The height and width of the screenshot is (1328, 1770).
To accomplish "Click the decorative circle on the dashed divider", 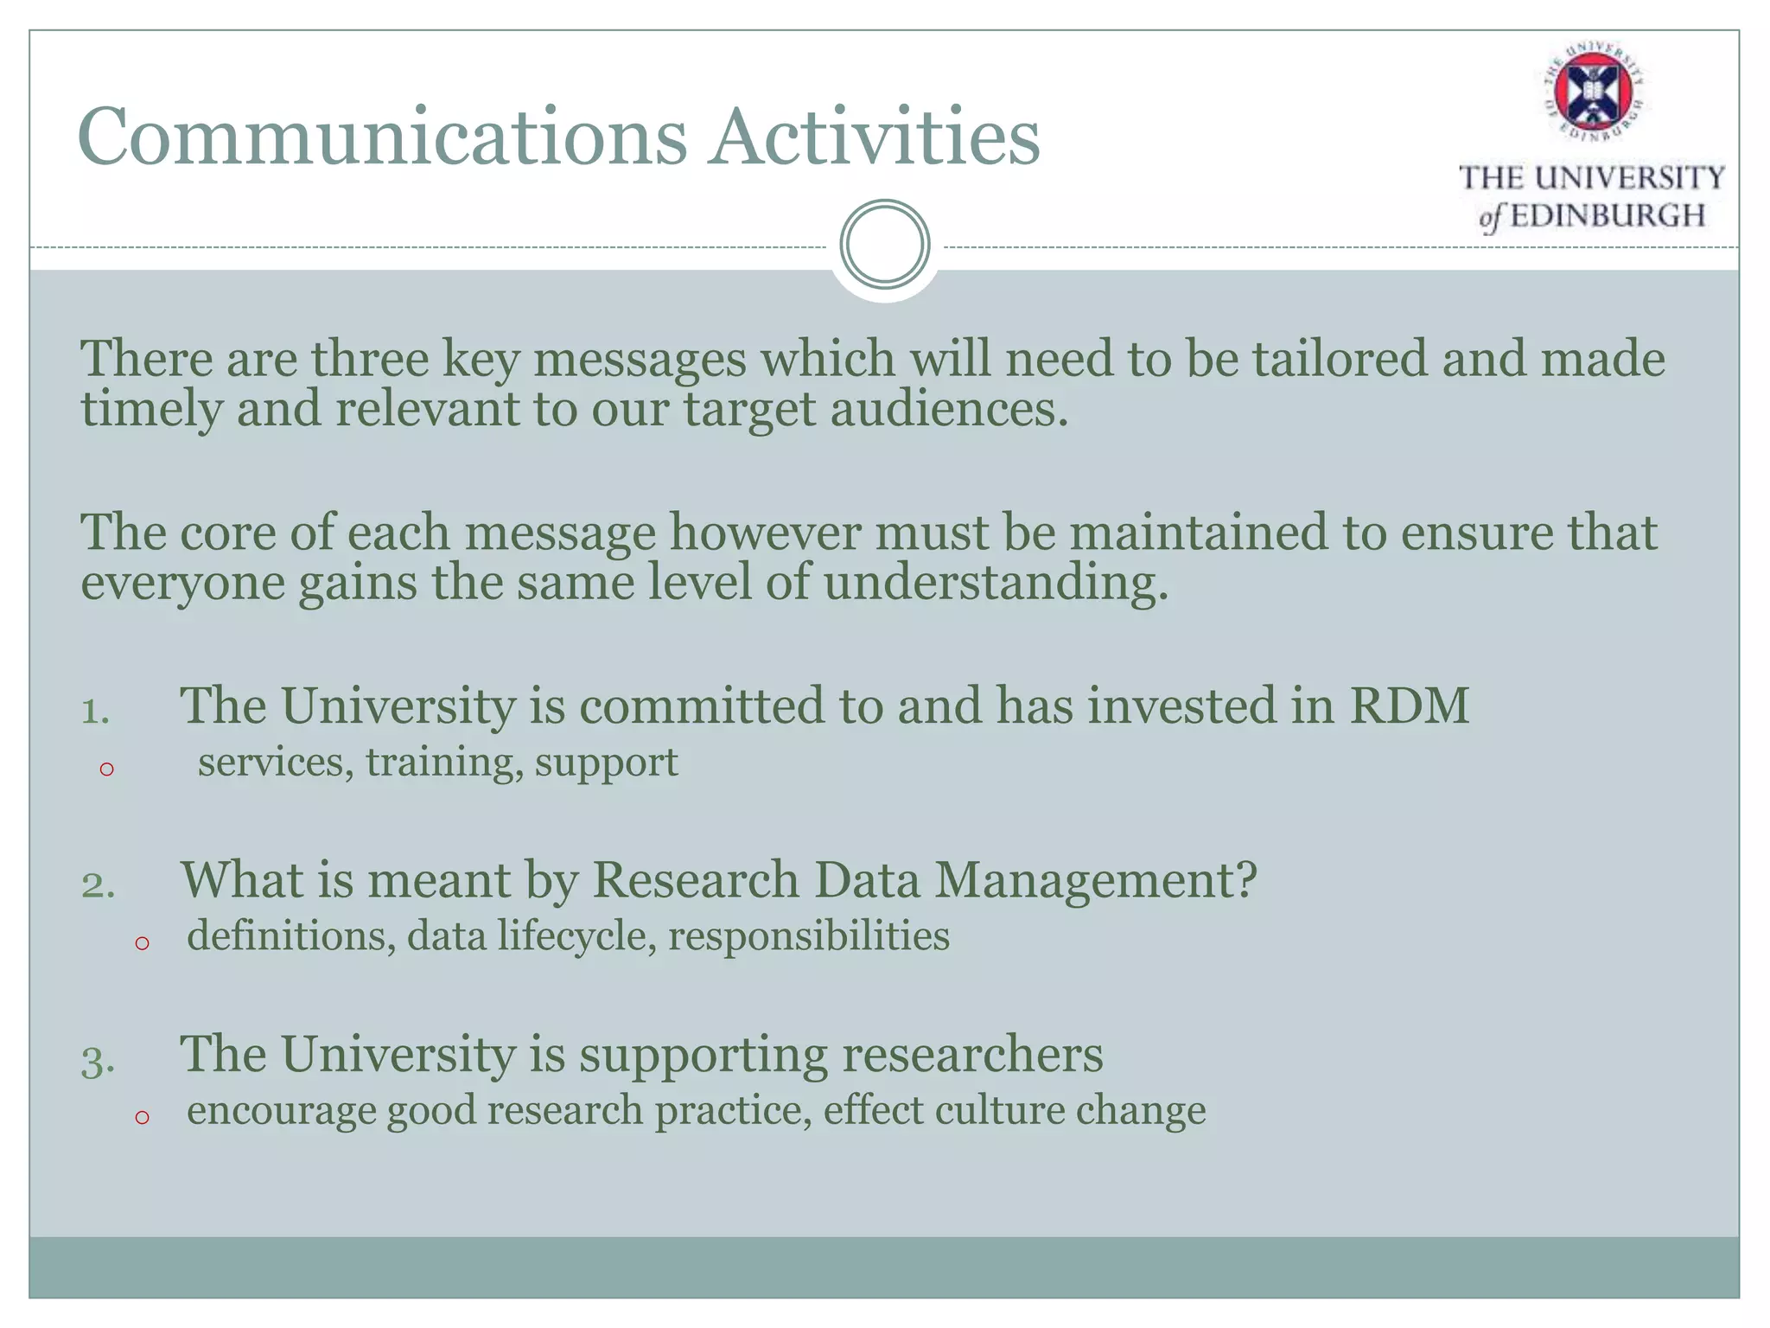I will [x=885, y=245].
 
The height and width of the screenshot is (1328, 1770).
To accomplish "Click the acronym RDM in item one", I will [x=1409, y=705].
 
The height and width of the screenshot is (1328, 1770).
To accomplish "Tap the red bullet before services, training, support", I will [x=106, y=769].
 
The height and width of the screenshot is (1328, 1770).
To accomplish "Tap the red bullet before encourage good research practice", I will [x=143, y=1117].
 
